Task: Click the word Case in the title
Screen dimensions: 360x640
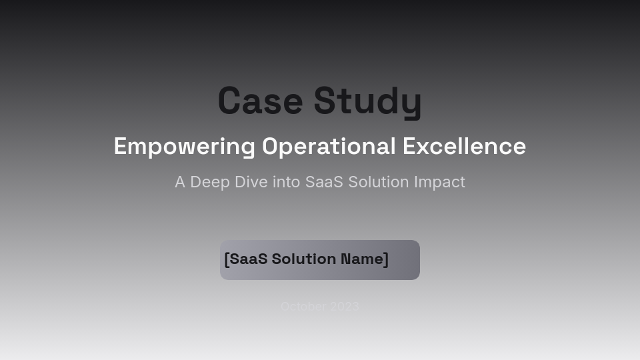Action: point(260,101)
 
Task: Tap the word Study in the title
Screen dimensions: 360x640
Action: point(367,101)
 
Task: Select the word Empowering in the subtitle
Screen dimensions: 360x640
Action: point(184,147)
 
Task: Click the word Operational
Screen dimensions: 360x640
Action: point(329,147)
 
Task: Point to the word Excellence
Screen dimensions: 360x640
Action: point(464,147)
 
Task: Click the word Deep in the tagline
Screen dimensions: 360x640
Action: point(210,182)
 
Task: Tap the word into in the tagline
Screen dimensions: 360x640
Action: point(287,182)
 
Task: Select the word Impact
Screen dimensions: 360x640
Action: point(439,182)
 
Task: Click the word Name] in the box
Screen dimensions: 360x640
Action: point(364,259)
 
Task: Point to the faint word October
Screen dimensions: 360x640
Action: point(303,307)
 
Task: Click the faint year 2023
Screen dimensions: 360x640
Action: point(345,307)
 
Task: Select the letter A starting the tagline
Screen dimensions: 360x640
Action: point(180,182)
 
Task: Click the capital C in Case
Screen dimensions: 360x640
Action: point(229,101)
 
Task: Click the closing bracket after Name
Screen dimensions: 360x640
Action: point(385,259)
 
